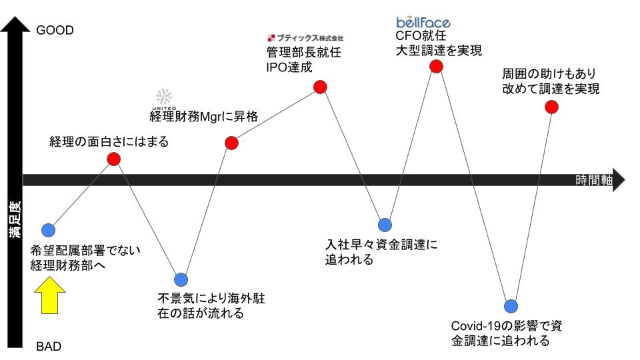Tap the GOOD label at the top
point(55,31)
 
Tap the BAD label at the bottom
point(49,347)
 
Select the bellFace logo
point(423,23)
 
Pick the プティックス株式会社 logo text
point(305,38)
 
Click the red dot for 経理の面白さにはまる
point(114,159)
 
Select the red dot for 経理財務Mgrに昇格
point(231,142)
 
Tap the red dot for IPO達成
point(320,87)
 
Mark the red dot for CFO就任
point(436,66)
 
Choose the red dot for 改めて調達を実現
point(551,107)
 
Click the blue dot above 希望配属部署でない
point(48,230)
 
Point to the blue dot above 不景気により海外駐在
point(180,279)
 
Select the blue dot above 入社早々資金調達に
point(385,224)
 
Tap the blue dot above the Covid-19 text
point(511,305)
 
